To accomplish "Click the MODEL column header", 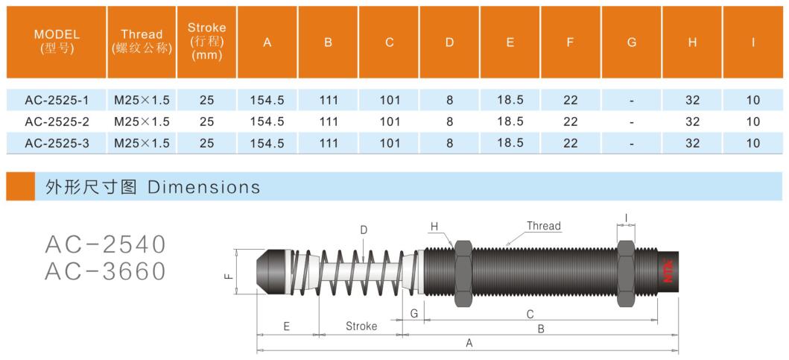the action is [x=57, y=42].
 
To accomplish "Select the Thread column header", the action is [x=142, y=42].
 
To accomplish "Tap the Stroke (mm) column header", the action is [x=207, y=42].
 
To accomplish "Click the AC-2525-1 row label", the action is [x=57, y=100].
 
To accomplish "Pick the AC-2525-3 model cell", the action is [x=57, y=144].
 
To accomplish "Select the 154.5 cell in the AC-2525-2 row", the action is [x=267, y=121].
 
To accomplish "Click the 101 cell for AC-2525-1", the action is [x=390, y=100].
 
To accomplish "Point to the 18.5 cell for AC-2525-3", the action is [x=510, y=144].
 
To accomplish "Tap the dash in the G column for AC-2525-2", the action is [x=632, y=122].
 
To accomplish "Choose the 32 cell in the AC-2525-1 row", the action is [x=692, y=100].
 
